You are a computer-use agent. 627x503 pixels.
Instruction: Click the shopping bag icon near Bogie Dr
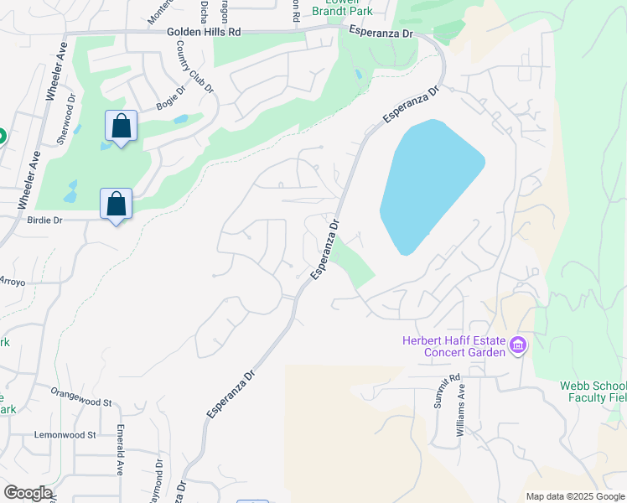tap(122, 127)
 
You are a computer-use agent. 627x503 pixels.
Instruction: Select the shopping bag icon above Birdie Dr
tap(116, 204)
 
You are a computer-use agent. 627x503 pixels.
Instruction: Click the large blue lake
tap(427, 184)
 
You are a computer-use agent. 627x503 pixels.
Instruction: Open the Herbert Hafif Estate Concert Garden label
tap(453, 345)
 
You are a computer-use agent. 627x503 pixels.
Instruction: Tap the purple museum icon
tap(517, 345)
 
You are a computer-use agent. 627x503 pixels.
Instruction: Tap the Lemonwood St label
tap(66, 435)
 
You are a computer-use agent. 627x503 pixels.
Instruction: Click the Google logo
tap(28, 493)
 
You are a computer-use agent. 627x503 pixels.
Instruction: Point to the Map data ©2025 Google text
tap(574, 496)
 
